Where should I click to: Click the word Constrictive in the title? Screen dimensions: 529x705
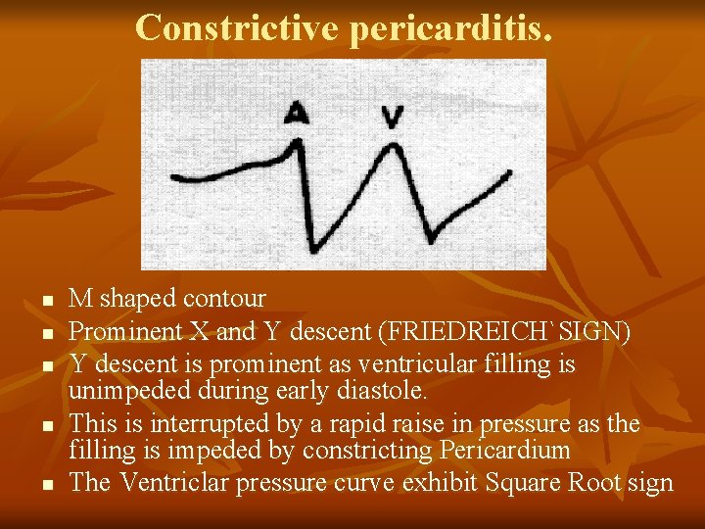(x=237, y=27)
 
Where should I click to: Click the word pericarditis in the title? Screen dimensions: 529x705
(x=450, y=29)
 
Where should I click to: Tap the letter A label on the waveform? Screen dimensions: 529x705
(x=297, y=114)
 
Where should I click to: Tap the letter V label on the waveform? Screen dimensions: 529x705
(x=393, y=118)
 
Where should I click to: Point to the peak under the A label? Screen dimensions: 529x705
(x=298, y=144)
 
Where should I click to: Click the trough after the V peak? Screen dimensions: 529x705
(x=432, y=238)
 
